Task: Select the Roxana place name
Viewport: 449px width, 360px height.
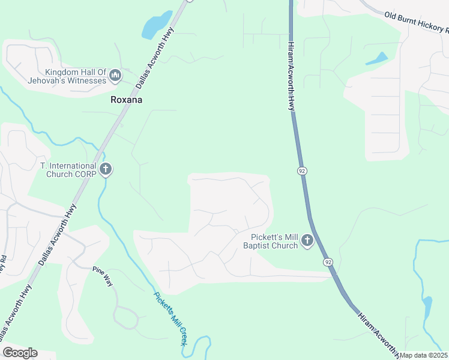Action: (x=127, y=100)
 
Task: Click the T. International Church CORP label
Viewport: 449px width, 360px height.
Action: (x=68, y=170)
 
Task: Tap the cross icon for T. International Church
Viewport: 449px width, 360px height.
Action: (x=106, y=169)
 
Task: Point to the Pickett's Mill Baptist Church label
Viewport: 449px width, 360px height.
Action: (x=271, y=241)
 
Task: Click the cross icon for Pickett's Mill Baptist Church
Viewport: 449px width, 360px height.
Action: (x=307, y=241)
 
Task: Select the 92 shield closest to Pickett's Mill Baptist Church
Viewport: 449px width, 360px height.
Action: (x=327, y=262)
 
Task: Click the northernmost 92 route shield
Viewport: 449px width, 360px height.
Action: (x=302, y=171)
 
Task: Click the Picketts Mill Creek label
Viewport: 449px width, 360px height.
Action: (x=170, y=317)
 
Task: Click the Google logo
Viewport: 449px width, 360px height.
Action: (x=20, y=353)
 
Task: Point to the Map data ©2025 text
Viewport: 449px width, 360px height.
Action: (x=424, y=355)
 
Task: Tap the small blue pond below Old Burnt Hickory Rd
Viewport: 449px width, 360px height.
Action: (x=376, y=59)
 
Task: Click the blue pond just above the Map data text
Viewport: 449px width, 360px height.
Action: (x=427, y=308)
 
